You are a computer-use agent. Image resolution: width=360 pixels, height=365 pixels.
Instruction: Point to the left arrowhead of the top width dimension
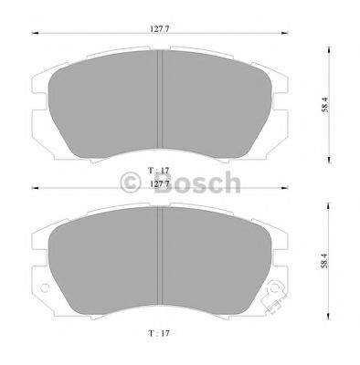coord(36,35)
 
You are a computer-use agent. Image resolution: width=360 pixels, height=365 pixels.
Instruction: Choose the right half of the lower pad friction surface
coord(219,265)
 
